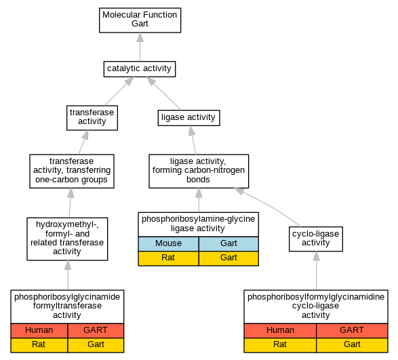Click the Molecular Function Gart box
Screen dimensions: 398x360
point(140,20)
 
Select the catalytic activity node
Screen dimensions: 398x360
point(140,68)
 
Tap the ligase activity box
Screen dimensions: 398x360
point(188,118)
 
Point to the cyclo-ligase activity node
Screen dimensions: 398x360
point(316,239)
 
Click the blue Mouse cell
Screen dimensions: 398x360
point(168,243)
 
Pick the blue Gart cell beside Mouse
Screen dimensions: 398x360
point(228,243)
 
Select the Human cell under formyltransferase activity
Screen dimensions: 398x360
point(39,331)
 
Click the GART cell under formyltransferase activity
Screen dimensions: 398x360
point(96,331)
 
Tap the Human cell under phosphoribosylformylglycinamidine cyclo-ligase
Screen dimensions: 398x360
point(280,331)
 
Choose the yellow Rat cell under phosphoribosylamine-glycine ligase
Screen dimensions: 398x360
point(168,258)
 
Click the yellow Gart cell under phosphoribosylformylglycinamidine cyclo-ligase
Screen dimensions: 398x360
point(352,345)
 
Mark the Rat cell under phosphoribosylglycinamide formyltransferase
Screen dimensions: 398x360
point(39,345)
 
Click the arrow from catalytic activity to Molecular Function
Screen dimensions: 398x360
point(140,47)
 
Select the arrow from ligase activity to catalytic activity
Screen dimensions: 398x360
point(163,94)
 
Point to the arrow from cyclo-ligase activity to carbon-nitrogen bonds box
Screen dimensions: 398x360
point(267,206)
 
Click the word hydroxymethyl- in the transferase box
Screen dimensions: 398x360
point(67,224)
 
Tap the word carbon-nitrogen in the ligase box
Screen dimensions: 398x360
point(214,170)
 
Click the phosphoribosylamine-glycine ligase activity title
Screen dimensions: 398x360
point(198,224)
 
